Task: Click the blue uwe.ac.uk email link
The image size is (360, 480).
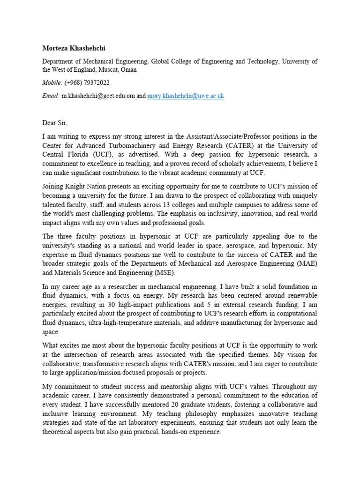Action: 186,96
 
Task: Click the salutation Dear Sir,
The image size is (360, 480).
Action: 55,123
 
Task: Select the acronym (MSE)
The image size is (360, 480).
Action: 164,273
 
